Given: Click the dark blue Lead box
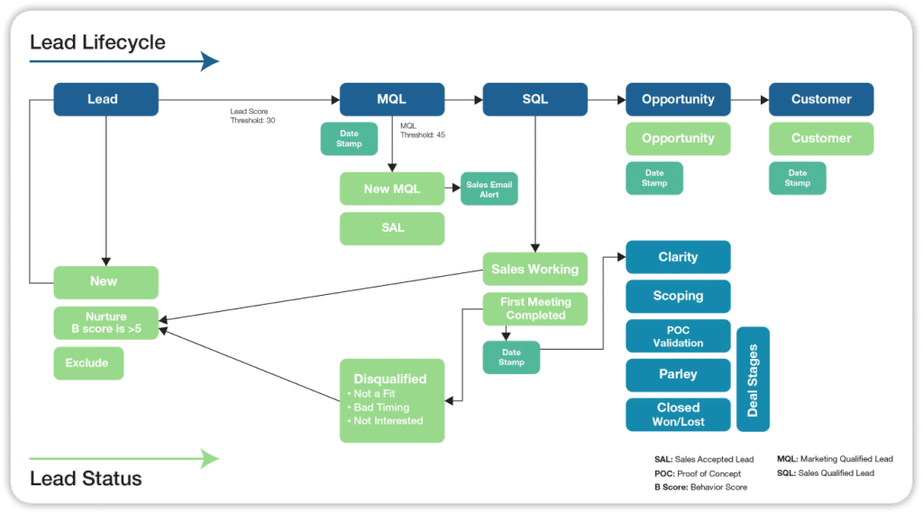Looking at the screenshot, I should (105, 99).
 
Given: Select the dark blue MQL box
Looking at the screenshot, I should (392, 99).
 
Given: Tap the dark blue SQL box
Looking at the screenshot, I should (535, 99).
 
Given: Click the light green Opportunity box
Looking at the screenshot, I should (678, 139).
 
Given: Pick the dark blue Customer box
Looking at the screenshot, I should (821, 99).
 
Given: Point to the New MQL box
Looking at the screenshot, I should (392, 189).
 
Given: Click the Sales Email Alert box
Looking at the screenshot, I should (489, 189).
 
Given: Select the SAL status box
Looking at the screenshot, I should (392, 228).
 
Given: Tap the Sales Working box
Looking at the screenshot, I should (535, 269).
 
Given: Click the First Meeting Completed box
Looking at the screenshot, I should (535, 309).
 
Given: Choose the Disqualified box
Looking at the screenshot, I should (392, 400).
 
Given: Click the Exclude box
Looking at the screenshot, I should (88, 363).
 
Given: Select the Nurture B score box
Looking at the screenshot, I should (105, 323).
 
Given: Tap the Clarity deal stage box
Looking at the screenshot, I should (678, 257).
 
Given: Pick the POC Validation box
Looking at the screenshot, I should (678, 335).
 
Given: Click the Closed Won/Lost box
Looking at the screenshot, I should (678, 415).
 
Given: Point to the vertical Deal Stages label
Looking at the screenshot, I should (754, 379).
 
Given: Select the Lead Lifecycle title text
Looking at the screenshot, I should (97, 42).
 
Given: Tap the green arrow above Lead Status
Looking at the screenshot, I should (124, 459).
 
